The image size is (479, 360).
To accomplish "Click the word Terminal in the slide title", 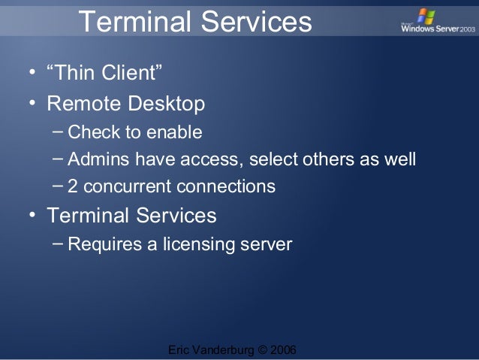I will (x=133, y=23).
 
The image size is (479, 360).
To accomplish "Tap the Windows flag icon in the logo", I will (x=426, y=16).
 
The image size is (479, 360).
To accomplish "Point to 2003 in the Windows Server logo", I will (x=465, y=29).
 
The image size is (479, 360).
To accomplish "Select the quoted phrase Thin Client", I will (x=106, y=74).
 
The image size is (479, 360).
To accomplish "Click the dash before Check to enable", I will (x=58, y=132).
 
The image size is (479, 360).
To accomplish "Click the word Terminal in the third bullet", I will (x=88, y=216).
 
